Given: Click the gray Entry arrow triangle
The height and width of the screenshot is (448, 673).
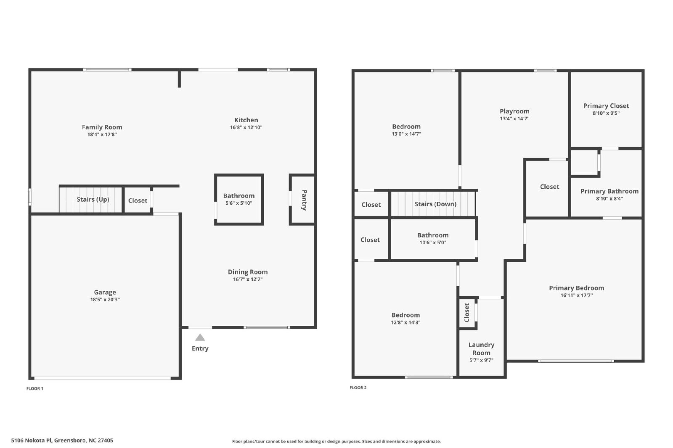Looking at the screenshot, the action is click(200, 337).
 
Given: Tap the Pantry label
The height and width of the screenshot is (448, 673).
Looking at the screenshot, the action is click(304, 200).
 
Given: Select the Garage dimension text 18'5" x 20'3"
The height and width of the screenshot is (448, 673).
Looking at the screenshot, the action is click(105, 299).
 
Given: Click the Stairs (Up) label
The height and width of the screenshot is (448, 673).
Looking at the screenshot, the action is click(93, 199).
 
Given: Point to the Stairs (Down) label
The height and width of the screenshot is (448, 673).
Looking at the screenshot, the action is click(435, 204).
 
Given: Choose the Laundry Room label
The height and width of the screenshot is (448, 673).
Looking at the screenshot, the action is click(481, 349).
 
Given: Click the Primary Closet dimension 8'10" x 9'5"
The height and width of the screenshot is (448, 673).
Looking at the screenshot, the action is click(606, 113).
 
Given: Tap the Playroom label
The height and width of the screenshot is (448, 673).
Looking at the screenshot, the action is click(514, 111).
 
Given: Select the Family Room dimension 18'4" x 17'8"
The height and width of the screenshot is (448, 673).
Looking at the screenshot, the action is click(102, 134).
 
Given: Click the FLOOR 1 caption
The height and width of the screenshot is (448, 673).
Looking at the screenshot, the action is click(35, 389).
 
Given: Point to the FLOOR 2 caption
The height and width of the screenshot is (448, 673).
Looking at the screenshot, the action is click(358, 387).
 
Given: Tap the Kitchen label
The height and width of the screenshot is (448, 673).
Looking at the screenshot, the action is click(246, 120).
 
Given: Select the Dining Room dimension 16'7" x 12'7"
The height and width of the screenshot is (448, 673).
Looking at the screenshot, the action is click(248, 279).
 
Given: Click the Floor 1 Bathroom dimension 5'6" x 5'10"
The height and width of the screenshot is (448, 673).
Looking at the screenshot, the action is click(239, 203).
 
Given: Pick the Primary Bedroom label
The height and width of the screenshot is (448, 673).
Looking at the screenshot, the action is click(577, 288).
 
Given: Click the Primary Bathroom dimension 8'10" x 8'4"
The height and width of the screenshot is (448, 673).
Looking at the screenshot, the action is click(609, 198).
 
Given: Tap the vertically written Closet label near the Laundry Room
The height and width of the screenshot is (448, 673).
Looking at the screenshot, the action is click(466, 313).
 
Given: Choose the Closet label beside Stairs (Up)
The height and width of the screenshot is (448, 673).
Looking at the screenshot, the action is click(138, 200).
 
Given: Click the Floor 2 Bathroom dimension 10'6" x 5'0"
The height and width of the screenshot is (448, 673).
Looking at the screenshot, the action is click(433, 242).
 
